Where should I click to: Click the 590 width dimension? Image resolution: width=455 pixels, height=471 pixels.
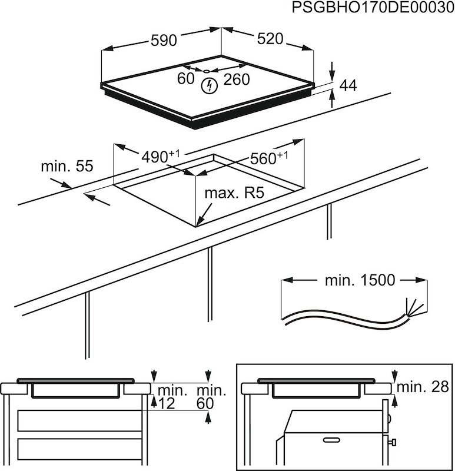tap(164, 41)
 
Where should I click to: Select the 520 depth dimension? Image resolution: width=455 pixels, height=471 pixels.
tap(270, 39)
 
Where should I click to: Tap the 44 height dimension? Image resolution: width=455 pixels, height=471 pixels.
tap(348, 85)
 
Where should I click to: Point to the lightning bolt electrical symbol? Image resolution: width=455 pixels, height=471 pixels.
tap(209, 87)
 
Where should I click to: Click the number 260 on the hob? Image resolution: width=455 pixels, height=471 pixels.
tap(237, 79)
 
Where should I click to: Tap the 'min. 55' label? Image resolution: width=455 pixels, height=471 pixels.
tap(67, 167)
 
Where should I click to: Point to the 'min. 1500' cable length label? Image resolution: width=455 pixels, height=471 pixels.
tap(360, 280)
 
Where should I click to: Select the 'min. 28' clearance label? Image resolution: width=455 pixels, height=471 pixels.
tap(423, 387)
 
